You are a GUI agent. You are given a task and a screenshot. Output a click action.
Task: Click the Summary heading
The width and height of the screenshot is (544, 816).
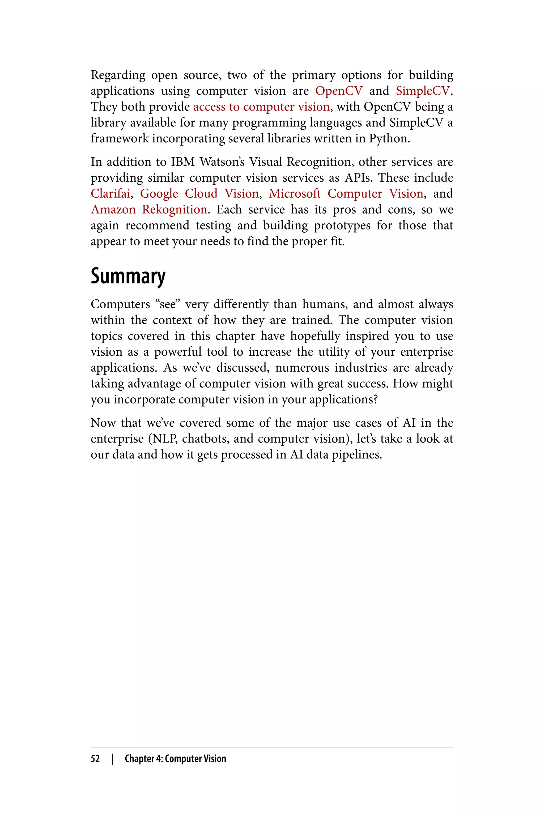click(128, 276)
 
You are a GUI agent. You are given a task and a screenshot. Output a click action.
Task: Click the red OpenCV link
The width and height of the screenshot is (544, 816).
click(339, 91)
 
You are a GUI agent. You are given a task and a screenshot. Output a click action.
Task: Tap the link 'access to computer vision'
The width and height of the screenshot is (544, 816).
click(261, 107)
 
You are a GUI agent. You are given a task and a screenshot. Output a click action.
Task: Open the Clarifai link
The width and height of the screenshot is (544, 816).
click(110, 194)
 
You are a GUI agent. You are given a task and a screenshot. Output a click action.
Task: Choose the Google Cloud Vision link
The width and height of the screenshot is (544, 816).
click(199, 194)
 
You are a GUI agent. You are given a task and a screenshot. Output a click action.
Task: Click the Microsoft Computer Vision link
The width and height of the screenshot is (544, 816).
click(346, 194)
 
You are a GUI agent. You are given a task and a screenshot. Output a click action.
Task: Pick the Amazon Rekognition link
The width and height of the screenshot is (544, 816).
click(149, 210)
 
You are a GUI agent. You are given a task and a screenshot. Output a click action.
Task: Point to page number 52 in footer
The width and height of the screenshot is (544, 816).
click(95, 759)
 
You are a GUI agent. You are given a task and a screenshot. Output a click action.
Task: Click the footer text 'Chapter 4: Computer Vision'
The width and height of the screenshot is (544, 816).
click(175, 759)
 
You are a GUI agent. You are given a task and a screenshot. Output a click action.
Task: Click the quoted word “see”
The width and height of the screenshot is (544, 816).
click(168, 304)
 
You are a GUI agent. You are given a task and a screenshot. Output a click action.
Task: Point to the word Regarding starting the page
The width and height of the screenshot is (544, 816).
click(118, 75)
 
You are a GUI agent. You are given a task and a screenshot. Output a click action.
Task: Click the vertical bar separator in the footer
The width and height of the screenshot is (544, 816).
click(112, 759)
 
